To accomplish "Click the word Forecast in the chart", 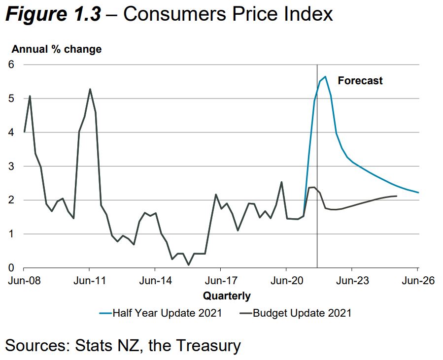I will click(x=360, y=81).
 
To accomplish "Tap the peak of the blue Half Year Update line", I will click(x=325, y=77).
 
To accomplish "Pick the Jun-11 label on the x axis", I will click(x=90, y=281).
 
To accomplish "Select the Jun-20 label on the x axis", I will click(x=286, y=281).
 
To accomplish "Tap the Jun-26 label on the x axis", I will click(x=417, y=281).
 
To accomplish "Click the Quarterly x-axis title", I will click(x=227, y=296).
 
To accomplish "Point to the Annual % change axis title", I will click(x=56, y=49).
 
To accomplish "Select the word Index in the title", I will click(x=309, y=14).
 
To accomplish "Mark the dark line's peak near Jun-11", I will click(x=90, y=89).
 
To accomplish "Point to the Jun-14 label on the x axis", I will click(x=155, y=281).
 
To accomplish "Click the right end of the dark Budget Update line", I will click(x=397, y=196).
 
